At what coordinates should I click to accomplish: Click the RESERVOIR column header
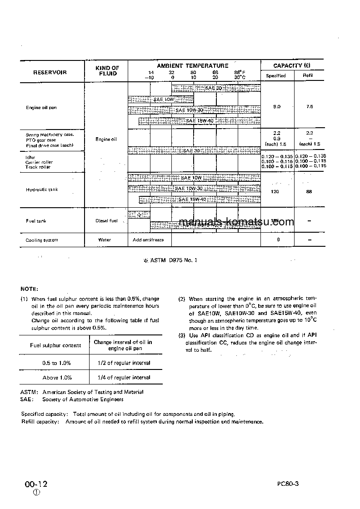[x=50, y=72]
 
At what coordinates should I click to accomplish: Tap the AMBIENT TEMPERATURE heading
[x=193, y=66]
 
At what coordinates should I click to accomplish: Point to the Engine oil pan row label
[x=41, y=108]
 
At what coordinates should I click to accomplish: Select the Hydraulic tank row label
[x=42, y=190]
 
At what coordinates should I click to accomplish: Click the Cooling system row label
[x=42, y=240]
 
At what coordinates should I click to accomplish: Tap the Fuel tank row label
[x=36, y=221]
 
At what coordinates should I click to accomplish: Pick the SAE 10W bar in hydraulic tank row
[x=191, y=178]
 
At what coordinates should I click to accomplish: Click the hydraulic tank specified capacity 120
[x=275, y=192]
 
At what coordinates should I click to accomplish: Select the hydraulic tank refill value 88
[x=309, y=192]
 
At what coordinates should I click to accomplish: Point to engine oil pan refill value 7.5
[x=309, y=106]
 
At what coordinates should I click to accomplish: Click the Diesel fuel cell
[x=106, y=221]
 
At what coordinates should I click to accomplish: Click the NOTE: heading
[x=30, y=289]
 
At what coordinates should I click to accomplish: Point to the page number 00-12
[x=36, y=484]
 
